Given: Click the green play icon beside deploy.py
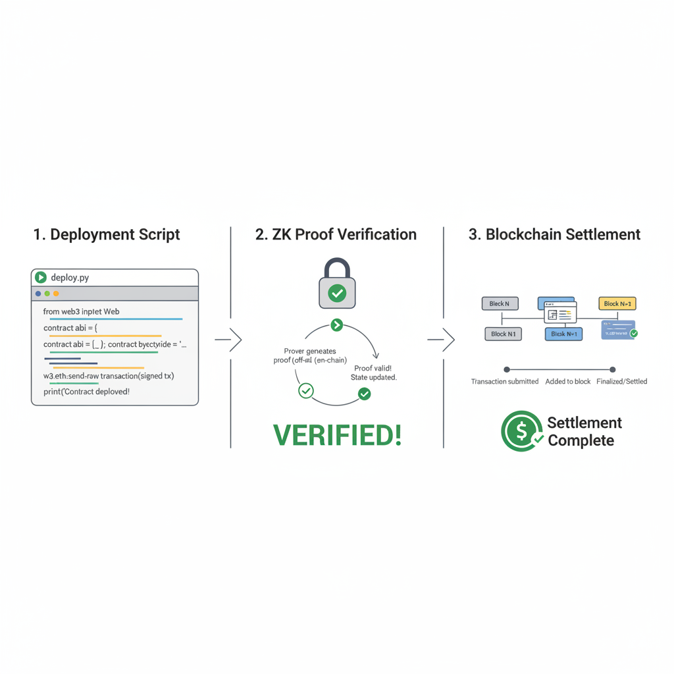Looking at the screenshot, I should pyautogui.click(x=41, y=278).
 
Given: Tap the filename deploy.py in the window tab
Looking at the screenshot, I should pyautogui.click(x=70, y=278).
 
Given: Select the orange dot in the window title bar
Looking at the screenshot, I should pyautogui.click(x=56, y=294).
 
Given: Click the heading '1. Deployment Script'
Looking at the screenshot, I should pyautogui.click(x=107, y=234).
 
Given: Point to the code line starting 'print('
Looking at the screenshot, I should pyautogui.click(x=82, y=392).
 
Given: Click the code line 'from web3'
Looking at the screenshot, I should pyautogui.click(x=81, y=311).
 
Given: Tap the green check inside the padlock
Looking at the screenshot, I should pyautogui.click(x=337, y=293).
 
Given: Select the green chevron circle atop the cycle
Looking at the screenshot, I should pyautogui.click(x=336, y=324).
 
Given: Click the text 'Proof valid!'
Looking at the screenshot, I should pyautogui.click(x=373, y=368).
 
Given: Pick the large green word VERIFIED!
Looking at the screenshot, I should pyautogui.click(x=337, y=434).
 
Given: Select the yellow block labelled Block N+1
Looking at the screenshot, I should pyautogui.click(x=617, y=303).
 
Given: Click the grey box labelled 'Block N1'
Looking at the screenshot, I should pyautogui.click(x=503, y=334).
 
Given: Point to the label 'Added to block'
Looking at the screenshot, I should pyautogui.click(x=568, y=382).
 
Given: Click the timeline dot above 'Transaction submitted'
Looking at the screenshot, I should pyautogui.click(x=506, y=370).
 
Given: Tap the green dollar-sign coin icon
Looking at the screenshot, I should pyautogui.click(x=521, y=431).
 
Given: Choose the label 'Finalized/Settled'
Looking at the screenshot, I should pyautogui.click(x=622, y=382).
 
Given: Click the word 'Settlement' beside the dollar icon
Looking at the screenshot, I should pyautogui.click(x=584, y=423).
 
